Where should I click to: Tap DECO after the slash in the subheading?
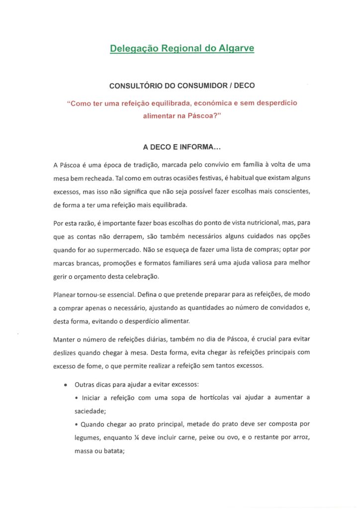244,85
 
